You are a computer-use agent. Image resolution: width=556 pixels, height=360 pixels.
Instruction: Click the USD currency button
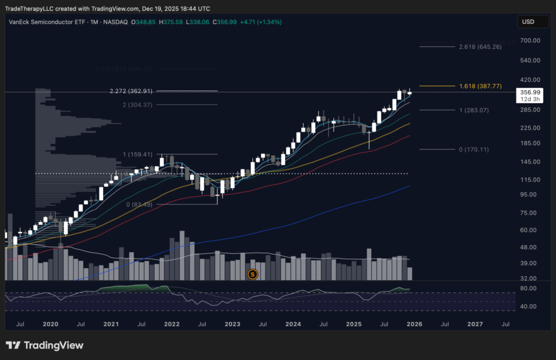point(528,22)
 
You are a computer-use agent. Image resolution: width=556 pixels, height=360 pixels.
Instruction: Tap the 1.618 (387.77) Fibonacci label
point(480,86)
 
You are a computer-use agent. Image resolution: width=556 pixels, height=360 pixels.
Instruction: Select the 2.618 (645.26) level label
point(480,47)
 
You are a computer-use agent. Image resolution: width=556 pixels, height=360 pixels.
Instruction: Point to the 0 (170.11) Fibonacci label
point(474,149)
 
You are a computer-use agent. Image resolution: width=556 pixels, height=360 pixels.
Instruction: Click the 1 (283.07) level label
point(474,110)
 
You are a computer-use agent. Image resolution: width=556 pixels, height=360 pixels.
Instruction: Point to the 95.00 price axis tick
point(529,194)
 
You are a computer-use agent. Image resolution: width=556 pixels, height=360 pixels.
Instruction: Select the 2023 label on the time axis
point(232,324)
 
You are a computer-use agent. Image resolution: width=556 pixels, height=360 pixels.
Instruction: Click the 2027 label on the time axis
point(475,324)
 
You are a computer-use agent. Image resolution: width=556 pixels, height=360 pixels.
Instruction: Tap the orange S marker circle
point(252,274)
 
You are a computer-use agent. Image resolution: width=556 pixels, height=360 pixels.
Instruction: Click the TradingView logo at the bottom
point(45,345)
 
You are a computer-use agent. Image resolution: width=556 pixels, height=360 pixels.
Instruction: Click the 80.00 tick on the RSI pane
point(529,288)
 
